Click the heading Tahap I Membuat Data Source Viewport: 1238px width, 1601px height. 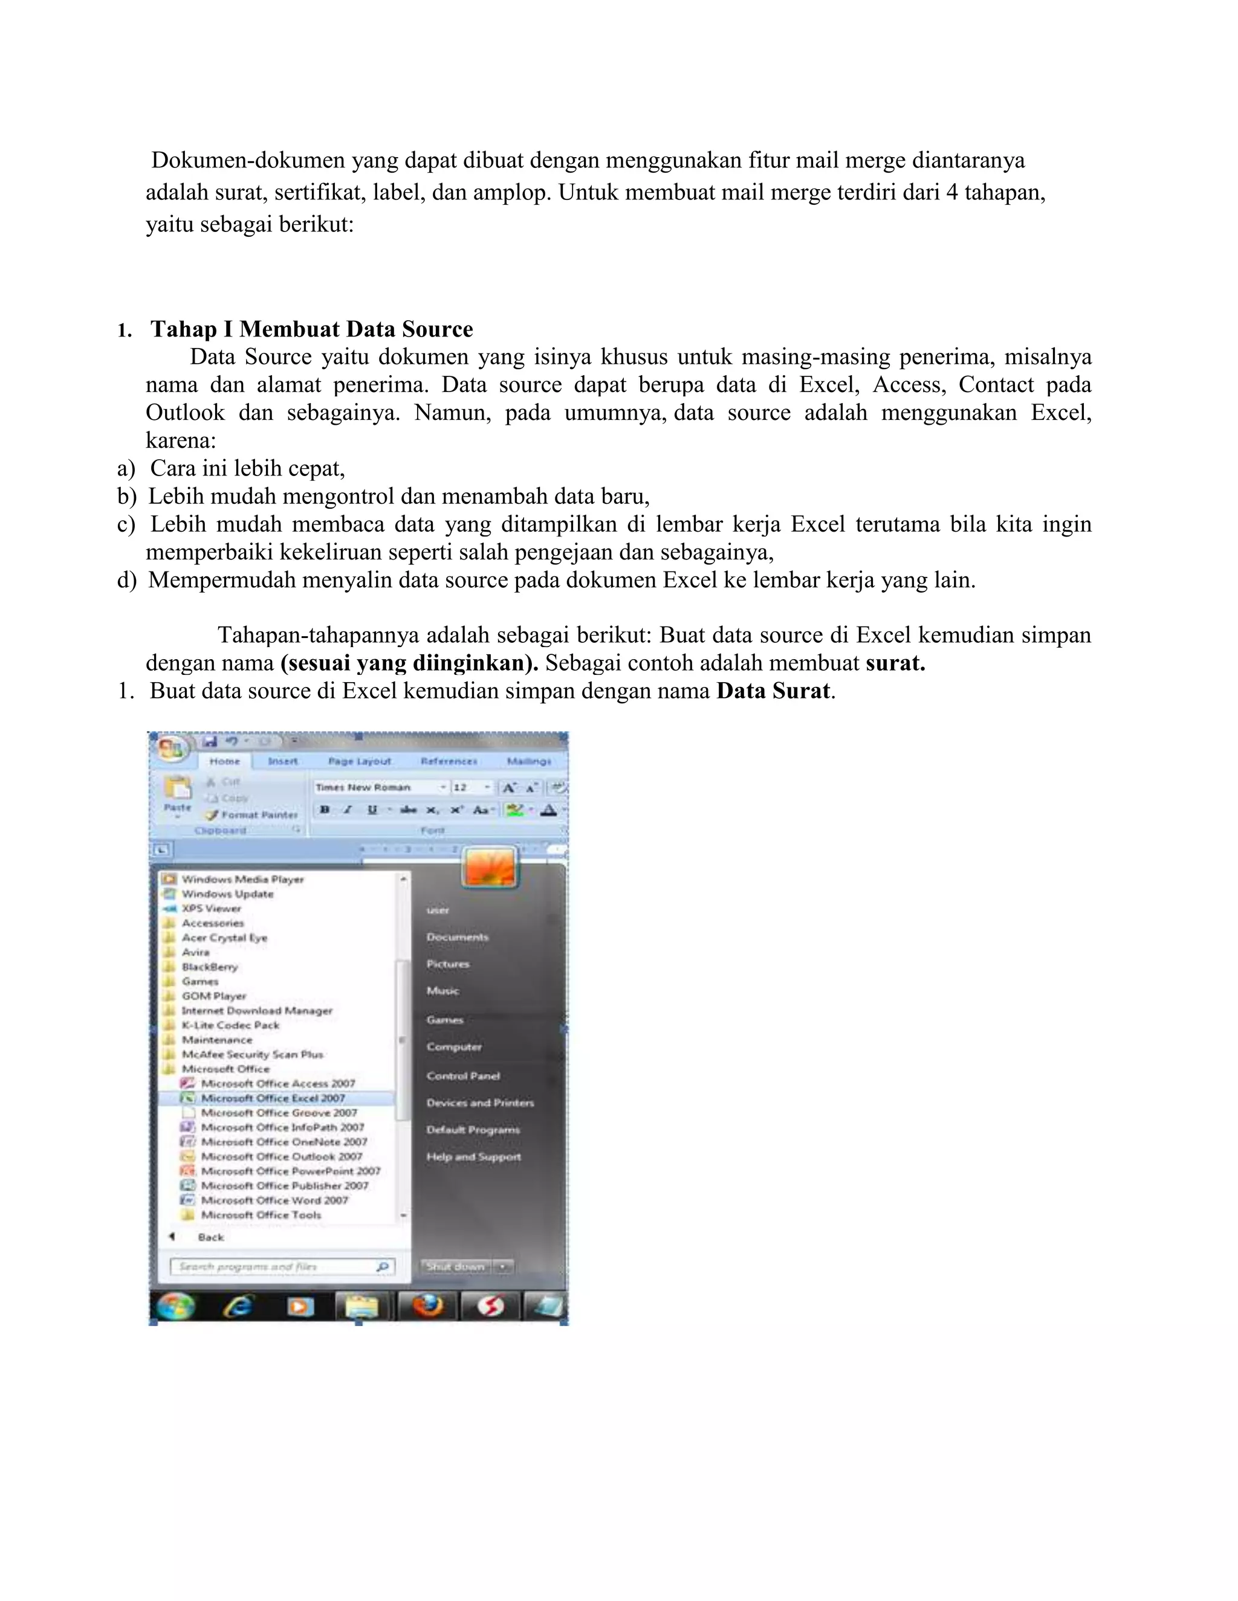pos(312,329)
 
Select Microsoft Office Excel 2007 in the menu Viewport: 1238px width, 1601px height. pos(273,1098)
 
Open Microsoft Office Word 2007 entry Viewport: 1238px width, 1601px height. pos(274,1200)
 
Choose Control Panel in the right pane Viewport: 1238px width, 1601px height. pos(463,1075)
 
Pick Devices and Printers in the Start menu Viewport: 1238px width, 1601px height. pos(479,1103)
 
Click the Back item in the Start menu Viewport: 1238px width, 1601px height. pos(210,1237)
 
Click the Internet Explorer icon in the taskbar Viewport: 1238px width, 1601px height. pos(238,1306)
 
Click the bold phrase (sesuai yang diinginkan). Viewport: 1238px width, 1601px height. pos(409,663)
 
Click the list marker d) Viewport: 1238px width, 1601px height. pos(126,580)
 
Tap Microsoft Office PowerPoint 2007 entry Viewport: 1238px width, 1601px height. pos(290,1171)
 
